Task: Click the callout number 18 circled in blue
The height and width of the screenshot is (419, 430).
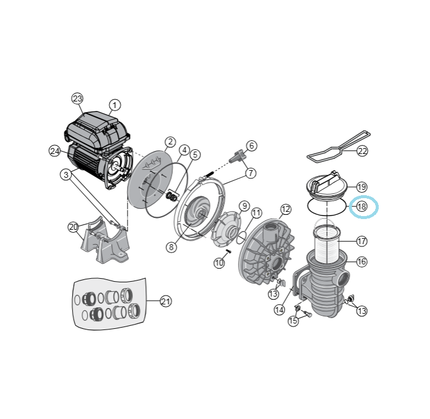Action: pos(361,206)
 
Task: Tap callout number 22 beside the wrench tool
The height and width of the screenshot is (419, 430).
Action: pos(362,151)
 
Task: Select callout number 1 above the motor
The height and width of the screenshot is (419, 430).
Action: pos(115,105)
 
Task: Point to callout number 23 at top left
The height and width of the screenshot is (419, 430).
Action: pos(78,99)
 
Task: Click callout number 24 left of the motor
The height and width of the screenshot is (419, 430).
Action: pos(55,151)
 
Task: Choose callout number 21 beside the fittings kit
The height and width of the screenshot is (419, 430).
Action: pos(166,301)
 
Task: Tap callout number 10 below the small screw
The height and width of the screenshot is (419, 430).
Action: pos(219,263)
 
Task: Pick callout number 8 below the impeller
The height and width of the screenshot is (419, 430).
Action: pos(171,247)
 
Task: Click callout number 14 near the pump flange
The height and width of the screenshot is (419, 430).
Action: pos(279,310)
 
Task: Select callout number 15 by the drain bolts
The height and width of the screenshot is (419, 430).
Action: pos(293,321)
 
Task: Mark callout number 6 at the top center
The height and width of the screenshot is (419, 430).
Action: pos(252,146)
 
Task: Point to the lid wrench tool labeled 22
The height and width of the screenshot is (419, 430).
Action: pos(338,147)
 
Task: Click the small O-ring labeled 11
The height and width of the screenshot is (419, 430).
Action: pos(242,238)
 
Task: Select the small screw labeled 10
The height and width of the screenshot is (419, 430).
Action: pos(228,251)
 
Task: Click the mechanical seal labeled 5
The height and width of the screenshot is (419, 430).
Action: pos(172,196)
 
